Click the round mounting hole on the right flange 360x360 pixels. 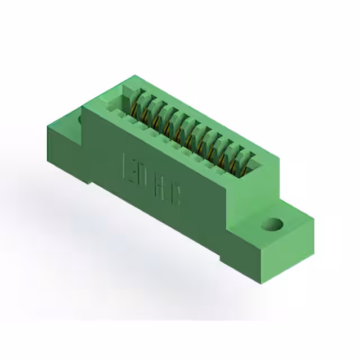pos(273,224)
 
